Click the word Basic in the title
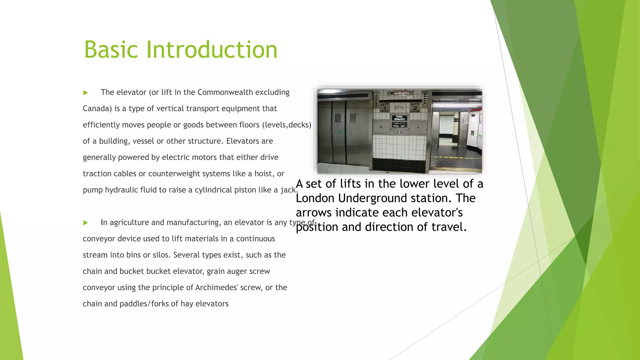click(x=111, y=50)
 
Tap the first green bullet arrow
click(x=86, y=93)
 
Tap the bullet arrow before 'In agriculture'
click(x=86, y=223)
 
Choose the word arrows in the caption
click(x=313, y=212)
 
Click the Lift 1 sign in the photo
click(x=385, y=107)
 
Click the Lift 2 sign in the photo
click(x=415, y=107)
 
